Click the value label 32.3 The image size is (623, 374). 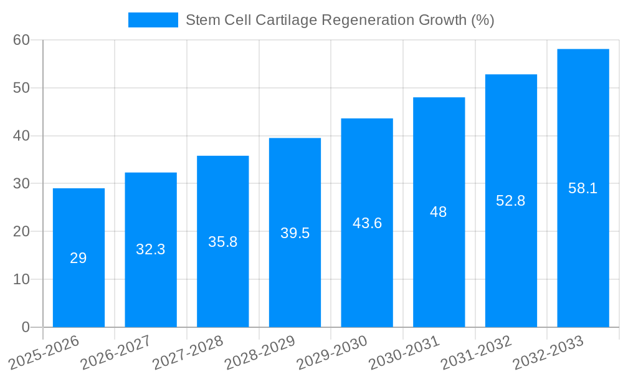(x=151, y=249)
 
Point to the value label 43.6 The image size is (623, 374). (x=367, y=223)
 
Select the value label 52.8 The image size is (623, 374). (x=511, y=201)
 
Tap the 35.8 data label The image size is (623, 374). (x=222, y=242)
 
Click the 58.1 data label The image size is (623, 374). (x=583, y=188)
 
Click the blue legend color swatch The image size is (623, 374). (x=153, y=20)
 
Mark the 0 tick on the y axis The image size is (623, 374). (x=26, y=327)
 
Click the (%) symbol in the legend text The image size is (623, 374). (x=482, y=20)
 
